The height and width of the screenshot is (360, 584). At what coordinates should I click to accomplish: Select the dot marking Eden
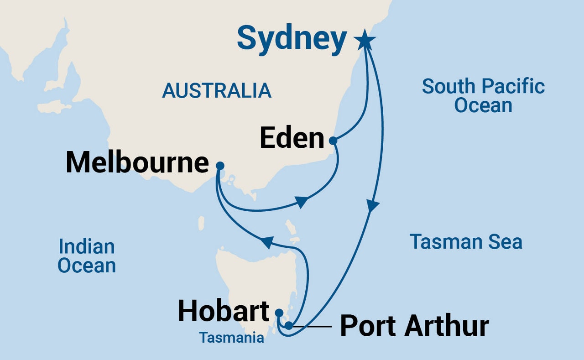[333, 141]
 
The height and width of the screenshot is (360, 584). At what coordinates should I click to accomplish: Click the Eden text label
[292, 138]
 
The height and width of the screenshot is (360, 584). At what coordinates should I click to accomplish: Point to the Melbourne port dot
[220, 166]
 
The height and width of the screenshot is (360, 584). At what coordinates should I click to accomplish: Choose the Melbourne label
[137, 162]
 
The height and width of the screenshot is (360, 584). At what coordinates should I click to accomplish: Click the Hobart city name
[224, 311]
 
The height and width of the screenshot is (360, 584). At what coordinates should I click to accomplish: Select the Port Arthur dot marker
[289, 325]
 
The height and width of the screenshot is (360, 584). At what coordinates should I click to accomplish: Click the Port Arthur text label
[414, 326]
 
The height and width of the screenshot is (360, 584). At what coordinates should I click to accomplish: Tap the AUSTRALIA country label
[217, 91]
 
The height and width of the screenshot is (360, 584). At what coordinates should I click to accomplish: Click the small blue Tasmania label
[231, 338]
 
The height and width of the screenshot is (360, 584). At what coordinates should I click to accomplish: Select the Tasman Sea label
[466, 241]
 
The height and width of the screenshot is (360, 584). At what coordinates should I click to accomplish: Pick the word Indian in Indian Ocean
[86, 247]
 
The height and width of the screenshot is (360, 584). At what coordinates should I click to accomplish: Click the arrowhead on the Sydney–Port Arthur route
[373, 206]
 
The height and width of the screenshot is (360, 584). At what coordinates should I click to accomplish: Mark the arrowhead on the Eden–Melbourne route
[301, 202]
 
